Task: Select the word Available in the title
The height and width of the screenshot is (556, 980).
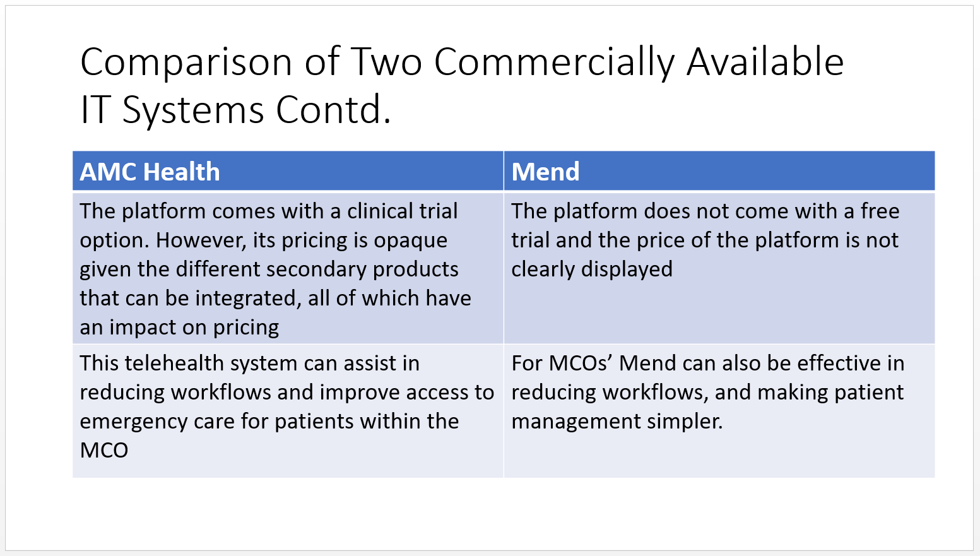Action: pyautogui.click(x=765, y=62)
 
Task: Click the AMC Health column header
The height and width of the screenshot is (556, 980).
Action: pyautogui.click(x=150, y=172)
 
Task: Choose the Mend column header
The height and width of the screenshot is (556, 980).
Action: pyautogui.click(x=545, y=172)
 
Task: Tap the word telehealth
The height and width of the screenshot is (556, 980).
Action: pyautogui.click(x=174, y=363)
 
